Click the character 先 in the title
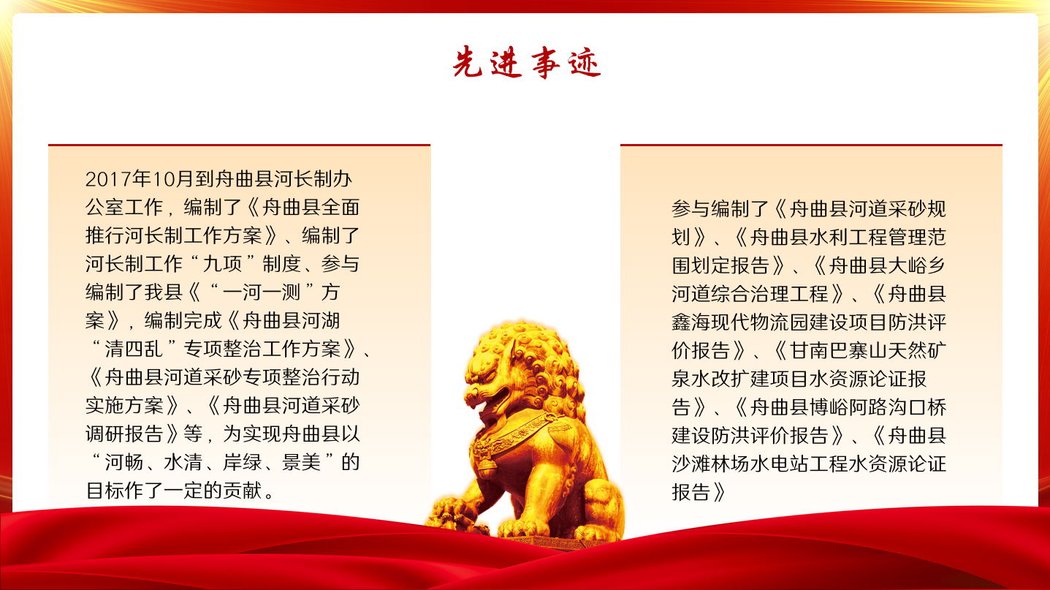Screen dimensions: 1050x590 tap(468, 61)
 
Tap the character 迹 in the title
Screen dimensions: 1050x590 tap(585, 62)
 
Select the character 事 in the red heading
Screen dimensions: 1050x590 tap(545, 62)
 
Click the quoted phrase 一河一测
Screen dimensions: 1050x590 tap(261, 292)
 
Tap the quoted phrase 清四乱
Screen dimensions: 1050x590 tap(134, 349)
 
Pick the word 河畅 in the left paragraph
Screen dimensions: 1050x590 tap(123, 463)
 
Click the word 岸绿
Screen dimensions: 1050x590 tap(242, 463)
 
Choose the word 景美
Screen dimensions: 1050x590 tap(301, 463)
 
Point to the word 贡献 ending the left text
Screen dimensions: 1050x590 tap(242, 491)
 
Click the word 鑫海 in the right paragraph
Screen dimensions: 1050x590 tap(691, 322)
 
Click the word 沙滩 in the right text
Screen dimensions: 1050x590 tap(691, 464)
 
